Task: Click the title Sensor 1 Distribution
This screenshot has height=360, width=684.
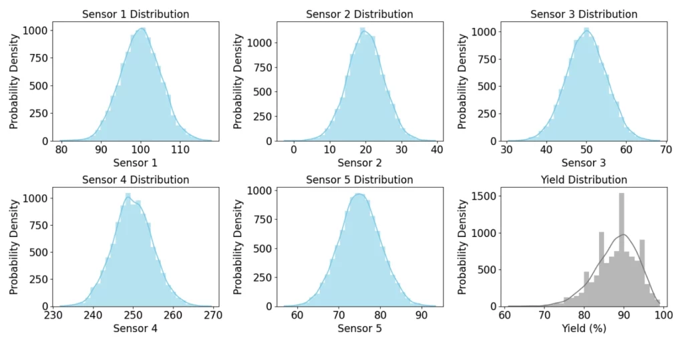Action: pos(136,14)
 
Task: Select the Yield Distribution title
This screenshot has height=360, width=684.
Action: pos(584,180)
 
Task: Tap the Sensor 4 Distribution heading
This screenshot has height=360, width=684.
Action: pos(136,180)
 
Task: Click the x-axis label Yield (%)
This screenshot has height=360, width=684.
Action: pos(584,329)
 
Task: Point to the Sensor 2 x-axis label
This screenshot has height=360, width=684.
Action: pos(359,163)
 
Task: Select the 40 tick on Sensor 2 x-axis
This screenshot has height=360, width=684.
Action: pos(436,151)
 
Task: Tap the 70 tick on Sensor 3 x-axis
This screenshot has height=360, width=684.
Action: pos(665,151)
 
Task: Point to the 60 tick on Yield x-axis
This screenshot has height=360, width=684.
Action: pos(506,315)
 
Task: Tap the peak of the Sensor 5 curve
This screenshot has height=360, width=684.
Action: pos(359,194)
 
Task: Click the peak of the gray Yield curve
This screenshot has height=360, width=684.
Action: pos(623,234)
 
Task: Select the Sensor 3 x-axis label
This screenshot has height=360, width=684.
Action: pos(584,163)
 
